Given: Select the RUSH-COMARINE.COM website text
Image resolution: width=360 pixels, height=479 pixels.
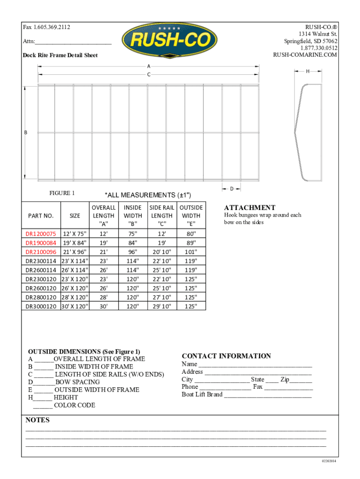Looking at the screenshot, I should click(x=305, y=55).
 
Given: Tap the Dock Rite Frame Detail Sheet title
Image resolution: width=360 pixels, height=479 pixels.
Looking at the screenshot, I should click(x=60, y=55).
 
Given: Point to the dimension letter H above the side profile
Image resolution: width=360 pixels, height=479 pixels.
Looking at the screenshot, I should click(x=308, y=71).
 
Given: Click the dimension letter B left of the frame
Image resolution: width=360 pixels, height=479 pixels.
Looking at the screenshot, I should click(x=26, y=132).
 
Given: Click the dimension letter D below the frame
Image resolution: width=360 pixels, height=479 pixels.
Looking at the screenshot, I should click(x=231, y=189).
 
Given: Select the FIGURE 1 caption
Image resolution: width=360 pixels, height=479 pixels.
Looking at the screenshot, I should click(x=62, y=193).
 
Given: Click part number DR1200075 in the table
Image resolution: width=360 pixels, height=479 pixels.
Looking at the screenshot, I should click(x=41, y=233).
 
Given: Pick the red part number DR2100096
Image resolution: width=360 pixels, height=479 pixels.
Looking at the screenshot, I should click(x=41, y=252).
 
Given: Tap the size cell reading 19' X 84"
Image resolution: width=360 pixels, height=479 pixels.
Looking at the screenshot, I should click(x=75, y=243).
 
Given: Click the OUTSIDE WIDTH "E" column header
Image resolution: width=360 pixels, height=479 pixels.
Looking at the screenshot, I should click(x=191, y=216).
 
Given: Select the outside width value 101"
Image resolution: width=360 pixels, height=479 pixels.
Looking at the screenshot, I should click(x=191, y=252).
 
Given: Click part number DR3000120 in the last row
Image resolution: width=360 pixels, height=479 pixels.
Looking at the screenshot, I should click(x=41, y=306).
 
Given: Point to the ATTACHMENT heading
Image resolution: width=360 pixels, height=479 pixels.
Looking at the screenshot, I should click(x=250, y=208).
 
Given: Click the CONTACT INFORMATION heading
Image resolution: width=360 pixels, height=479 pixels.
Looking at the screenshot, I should click(x=226, y=356).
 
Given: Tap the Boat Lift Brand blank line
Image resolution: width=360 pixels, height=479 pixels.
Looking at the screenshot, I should click(x=267, y=395).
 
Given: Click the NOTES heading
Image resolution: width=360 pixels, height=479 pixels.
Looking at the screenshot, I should click(x=37, y=420).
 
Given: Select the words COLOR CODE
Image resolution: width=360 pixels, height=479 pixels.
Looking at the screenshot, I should click(x=75, y=405).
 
